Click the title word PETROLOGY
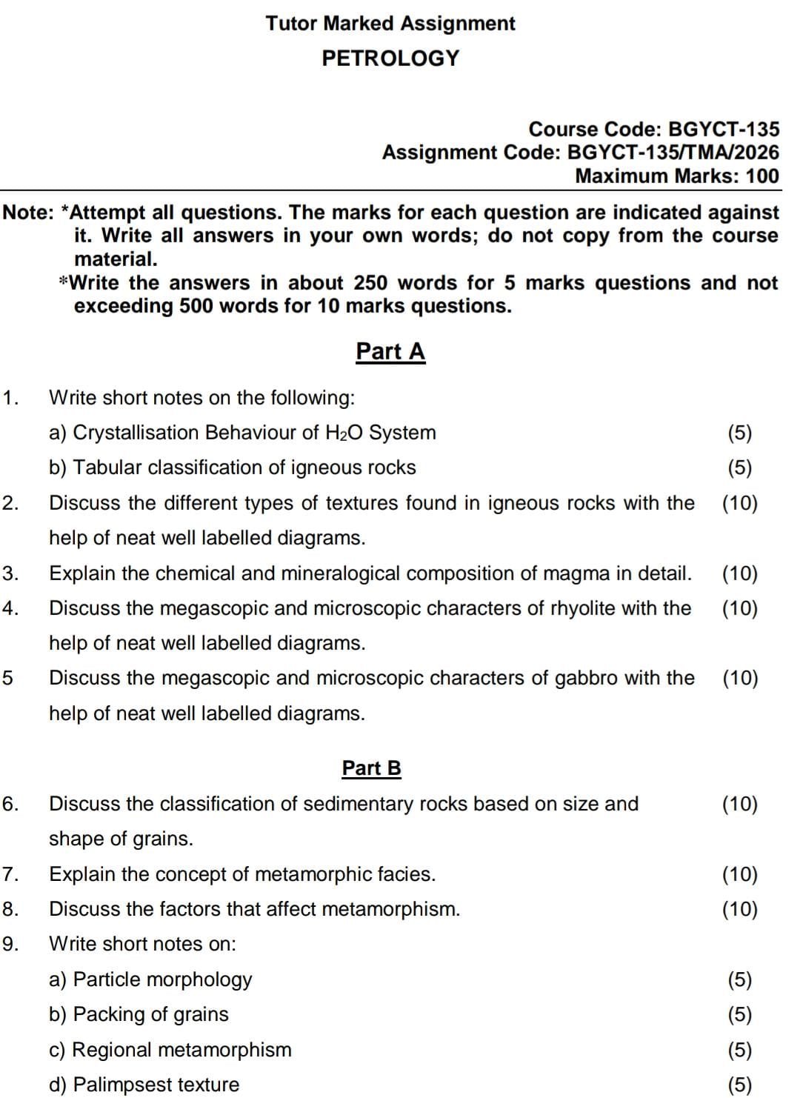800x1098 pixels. (x=390, y=58)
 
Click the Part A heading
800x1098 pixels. (x=390, y=351)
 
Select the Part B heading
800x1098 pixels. (x=371, y=768)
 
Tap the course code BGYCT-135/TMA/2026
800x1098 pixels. (x=673, y=153)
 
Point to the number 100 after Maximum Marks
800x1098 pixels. (x=762, y=176)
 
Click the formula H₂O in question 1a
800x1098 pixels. (x=344, y=433)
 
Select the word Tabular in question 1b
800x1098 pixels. (x=108, y=468)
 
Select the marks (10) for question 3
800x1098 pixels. (x=739, y=573)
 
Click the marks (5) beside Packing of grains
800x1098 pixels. (x=739, y=1014)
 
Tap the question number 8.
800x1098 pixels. (x=10, y=909)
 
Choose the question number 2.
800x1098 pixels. (x=10, y=503)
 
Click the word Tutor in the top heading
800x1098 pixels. (x=292, y=24)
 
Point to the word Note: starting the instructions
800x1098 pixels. (x=28, y=213)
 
